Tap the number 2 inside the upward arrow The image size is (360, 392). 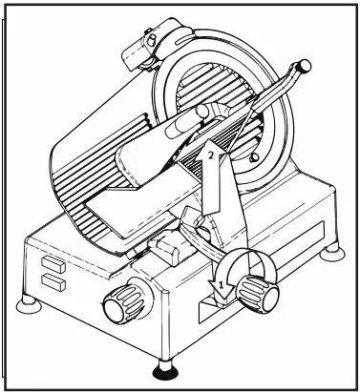point(210,153)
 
